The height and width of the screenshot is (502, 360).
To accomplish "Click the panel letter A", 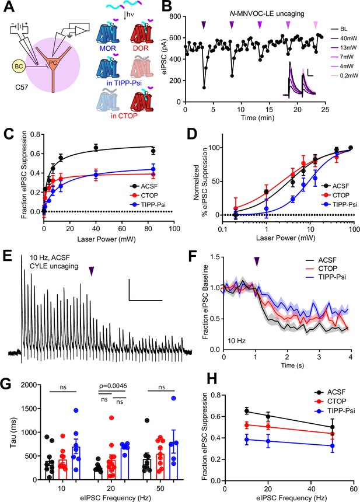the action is (x=9, y=8).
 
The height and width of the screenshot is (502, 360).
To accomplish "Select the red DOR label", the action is (x=140, y=48).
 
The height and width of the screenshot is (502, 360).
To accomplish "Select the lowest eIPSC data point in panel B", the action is (x=204, y=88).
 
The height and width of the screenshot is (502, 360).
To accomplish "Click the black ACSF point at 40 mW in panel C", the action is (x=96, y=148).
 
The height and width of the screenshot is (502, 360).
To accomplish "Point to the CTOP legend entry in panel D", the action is (x=337, y=195).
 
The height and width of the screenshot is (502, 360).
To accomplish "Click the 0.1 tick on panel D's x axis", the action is (x=222, y=229).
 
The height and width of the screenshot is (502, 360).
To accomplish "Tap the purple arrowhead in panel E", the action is (x=92, y=271).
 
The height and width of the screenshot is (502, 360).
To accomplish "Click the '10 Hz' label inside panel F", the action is (x=237, y=341).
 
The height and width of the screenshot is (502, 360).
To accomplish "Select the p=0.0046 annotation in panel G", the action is (x=113, y=386).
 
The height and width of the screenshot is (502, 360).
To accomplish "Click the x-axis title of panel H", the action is (x=289, y=497).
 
